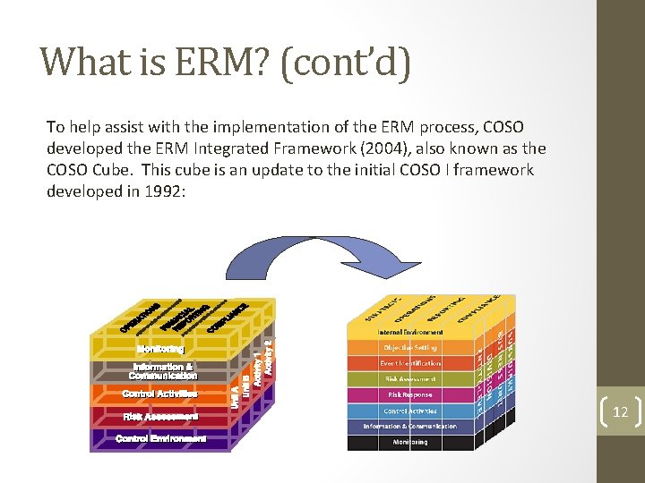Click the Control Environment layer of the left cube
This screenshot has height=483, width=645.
(x=160, y=438)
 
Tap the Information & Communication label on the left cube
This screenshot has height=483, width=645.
(x=163, y=371)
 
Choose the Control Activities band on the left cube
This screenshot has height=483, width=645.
(x=159, y=394)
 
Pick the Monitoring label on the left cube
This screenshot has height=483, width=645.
(x=161, y=348)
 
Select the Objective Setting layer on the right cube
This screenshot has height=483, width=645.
(x=409, y=347)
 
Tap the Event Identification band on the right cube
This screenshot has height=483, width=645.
(x=409, y=363)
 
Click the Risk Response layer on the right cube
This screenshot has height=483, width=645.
(x=409, y=394)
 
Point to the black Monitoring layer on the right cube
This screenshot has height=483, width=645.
(x=409, y=442)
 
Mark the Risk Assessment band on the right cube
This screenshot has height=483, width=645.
(x=409, y=378)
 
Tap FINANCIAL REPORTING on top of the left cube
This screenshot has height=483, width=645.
(x=185, y=318)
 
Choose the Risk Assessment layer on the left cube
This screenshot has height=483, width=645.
(x=160, y=416)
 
